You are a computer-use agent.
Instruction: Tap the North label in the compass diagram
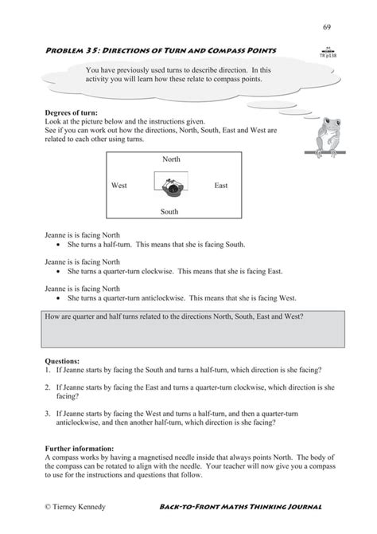(171, 159)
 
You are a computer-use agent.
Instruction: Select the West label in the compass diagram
(119, 186)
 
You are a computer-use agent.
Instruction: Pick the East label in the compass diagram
(221, 186)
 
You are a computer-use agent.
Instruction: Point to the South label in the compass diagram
(169, 212)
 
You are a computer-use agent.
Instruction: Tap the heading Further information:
(80, 449)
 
